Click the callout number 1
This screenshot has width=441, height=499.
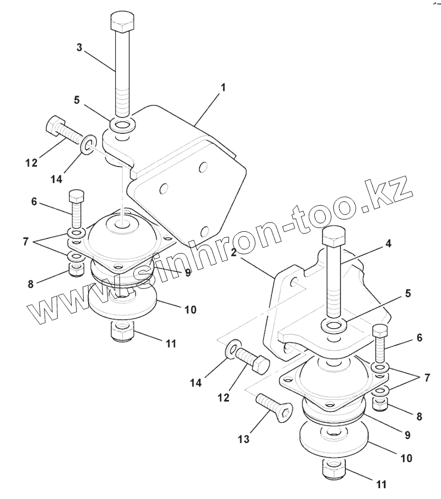point(222,88)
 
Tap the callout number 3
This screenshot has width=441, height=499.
point(79,47)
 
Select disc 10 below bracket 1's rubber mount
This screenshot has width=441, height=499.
point(122,305)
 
